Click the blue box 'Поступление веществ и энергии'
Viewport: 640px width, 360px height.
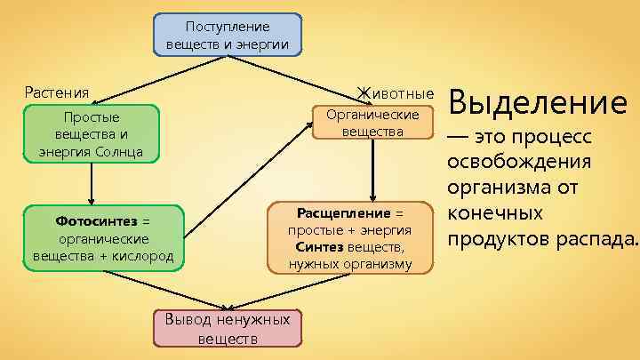[227, 35]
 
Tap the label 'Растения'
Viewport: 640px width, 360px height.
[57, 92]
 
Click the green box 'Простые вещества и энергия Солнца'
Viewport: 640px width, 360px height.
[92, 134]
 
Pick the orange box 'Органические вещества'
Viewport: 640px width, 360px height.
[372, 124]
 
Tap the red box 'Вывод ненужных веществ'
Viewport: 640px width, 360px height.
[227, 328]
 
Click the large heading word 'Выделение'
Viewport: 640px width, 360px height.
[539, 104]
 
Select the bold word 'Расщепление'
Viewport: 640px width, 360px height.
[343, 213]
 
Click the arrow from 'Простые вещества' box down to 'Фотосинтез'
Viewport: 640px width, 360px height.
[92, 185]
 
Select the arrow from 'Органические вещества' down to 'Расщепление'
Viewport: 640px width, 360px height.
[373, 169]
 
